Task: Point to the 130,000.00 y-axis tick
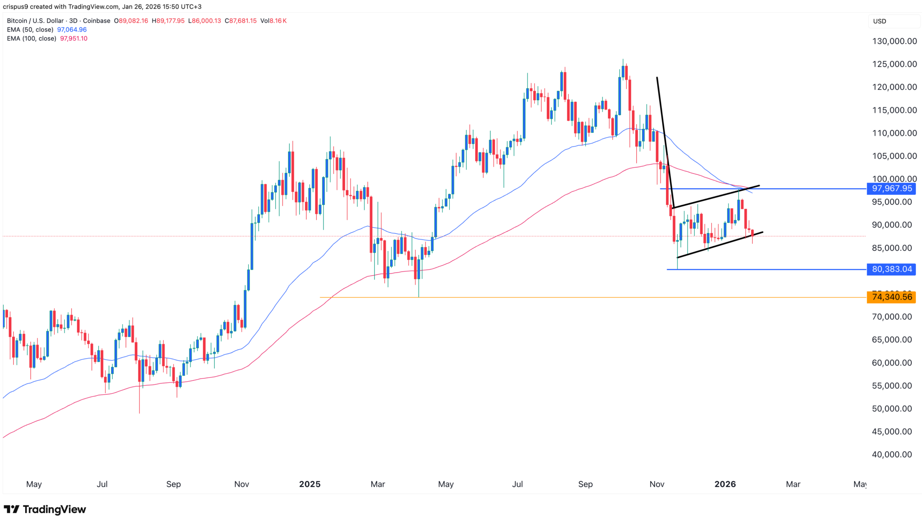coord(894,41)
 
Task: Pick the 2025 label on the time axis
coord(310,484)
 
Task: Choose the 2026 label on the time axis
coord(725,484)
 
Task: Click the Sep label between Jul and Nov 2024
coord(173,484)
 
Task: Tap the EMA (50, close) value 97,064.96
coord(72,30)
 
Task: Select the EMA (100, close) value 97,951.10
coord(73,39)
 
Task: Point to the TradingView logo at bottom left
coord(45,509)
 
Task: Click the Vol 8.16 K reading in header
coord(273,21)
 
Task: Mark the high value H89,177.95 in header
coord(168,21)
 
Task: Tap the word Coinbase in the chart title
coord(97,21)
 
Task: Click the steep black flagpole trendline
coord(664,142)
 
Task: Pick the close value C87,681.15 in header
coord(241,21)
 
